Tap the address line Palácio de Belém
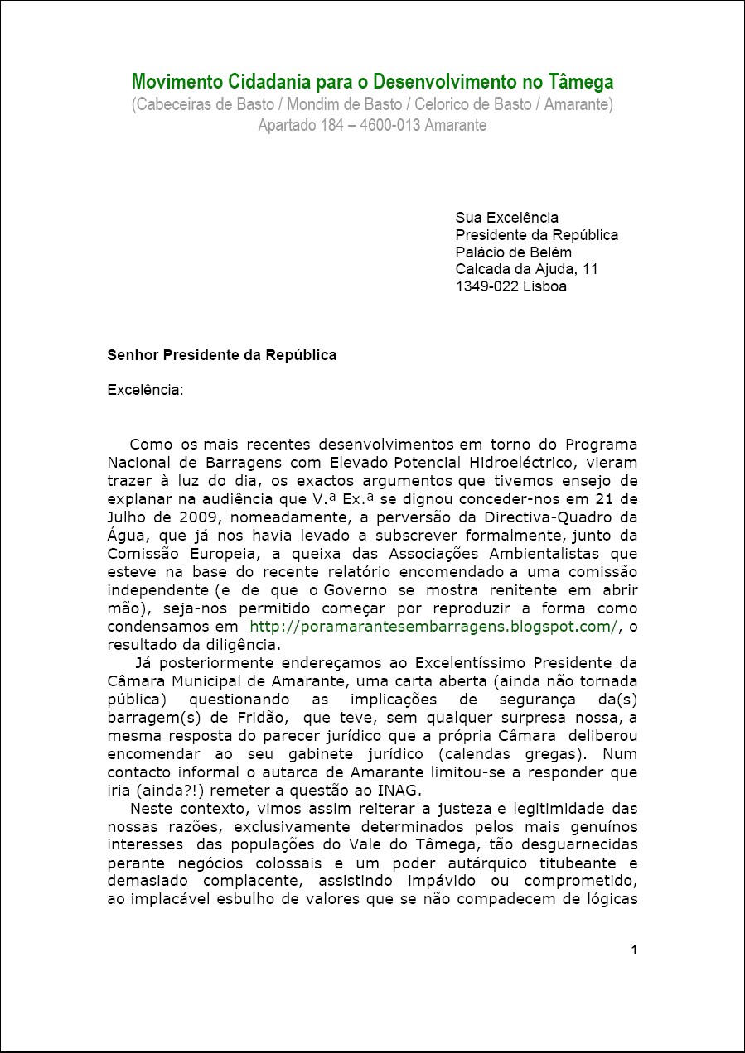click(513, 252)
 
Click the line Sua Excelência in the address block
click(506, 218)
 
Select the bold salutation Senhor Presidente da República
click(221, 355)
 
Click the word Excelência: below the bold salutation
click(145, 390)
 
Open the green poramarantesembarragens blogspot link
click(433, 627)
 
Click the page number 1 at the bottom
click(634, 950)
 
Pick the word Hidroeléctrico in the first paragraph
click(585, 463)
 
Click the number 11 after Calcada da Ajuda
click(590, 270)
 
